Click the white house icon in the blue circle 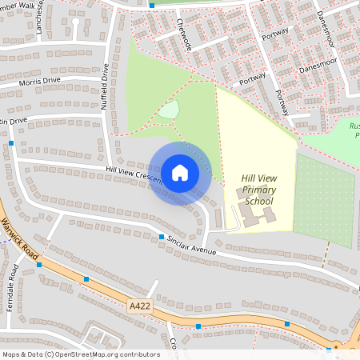tap(180, 172)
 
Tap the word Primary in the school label tap(259, 190)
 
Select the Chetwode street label tap(184, 35)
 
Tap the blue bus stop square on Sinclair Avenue tap(162, 238)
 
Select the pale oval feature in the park tap(168, 110)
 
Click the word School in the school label tap(259, 201)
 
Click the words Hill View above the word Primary tap(259, 178)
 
